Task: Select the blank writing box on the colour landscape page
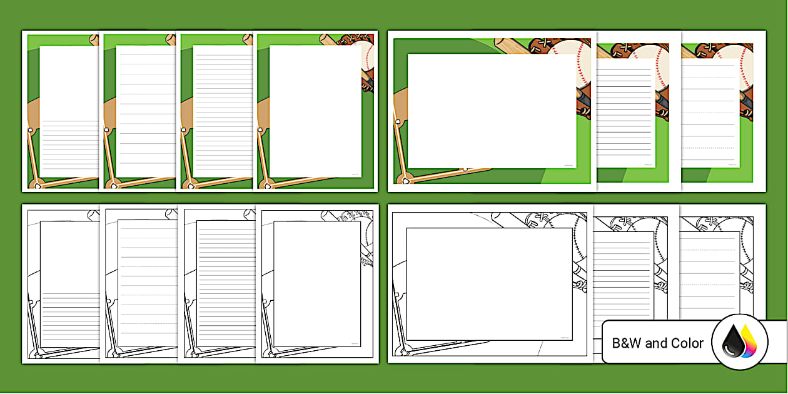492,111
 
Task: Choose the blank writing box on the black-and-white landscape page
489,284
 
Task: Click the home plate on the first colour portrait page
37,186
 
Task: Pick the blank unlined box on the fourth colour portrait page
315,111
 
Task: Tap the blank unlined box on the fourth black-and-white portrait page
317,283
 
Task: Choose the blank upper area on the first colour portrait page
69,81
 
